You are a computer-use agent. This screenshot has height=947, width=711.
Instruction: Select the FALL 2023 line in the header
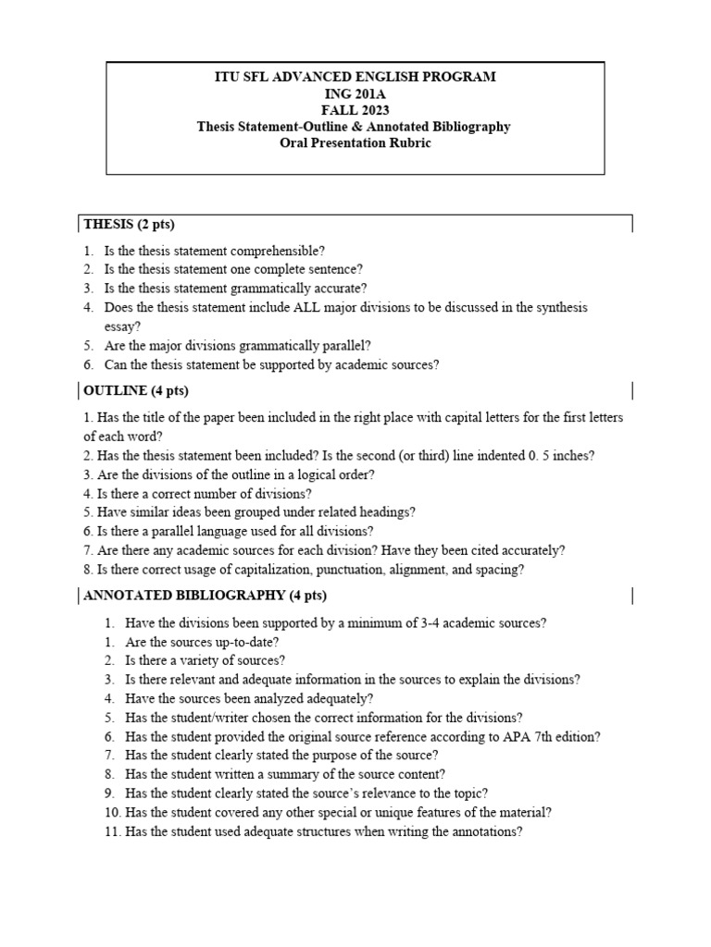[356, 109]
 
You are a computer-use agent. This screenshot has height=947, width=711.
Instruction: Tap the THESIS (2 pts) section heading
[129, 225]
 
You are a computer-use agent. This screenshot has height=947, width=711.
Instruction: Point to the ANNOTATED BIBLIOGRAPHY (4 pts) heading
[205, 595]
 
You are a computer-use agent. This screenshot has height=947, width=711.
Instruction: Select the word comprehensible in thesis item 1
[280, 251]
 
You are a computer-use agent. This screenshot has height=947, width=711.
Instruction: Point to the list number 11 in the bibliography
[113, 831]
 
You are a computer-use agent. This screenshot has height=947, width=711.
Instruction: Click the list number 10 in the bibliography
[113, 812]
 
